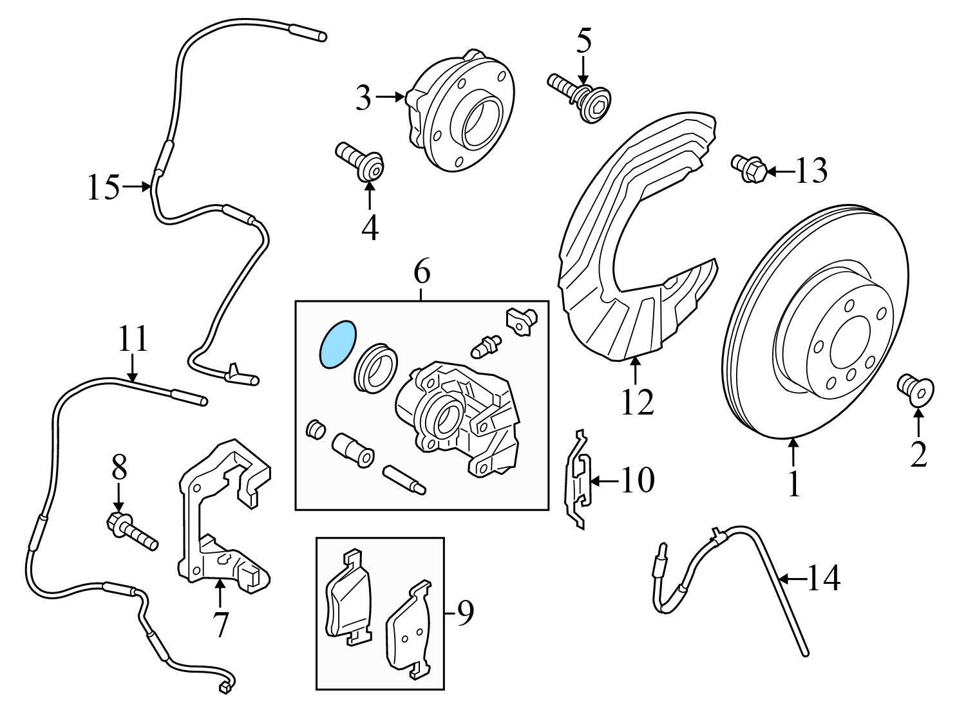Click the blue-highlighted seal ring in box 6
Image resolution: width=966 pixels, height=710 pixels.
[337, 344]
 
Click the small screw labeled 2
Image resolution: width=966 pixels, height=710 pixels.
[916, 389]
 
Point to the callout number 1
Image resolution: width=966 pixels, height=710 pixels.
[794, 484]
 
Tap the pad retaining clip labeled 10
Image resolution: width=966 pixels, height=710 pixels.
[578, 480]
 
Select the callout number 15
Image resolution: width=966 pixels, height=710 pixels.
[104, 187]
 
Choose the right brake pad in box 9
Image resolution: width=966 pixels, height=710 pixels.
[410, 631]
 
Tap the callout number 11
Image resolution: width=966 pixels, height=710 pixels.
[133, 339]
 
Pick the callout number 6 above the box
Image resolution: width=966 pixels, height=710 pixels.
[421, 273]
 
